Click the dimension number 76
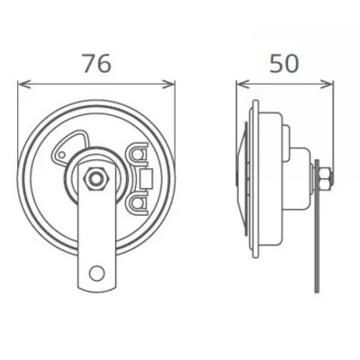96,62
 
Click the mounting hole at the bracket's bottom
96,274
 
